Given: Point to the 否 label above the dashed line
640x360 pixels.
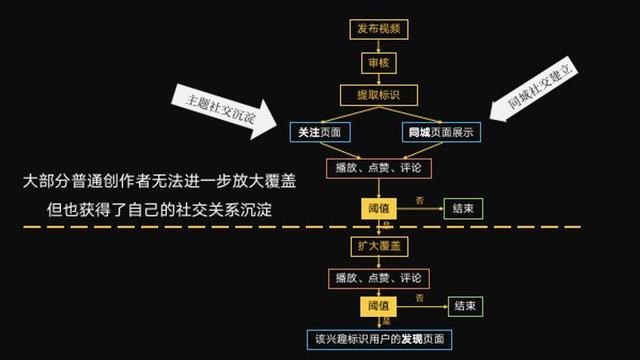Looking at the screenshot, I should (419, 201).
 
